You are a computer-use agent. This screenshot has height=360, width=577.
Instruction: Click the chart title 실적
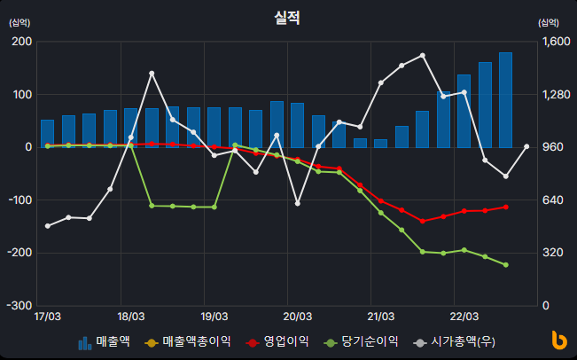pyautogui.click(x=287, y=17)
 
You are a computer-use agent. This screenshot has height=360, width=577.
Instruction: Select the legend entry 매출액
pyautogui.click(x=105, y=341)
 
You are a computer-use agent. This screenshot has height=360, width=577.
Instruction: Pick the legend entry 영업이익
pyautogui.click(x=277, y=341)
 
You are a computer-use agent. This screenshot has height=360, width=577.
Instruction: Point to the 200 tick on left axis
pyautogui.click(x=20, y=42)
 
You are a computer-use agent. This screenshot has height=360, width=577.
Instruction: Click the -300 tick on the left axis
pyautogui.click(x=19, y=306)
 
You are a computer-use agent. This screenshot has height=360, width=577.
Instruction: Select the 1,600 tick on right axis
pyautogui.click(x=552, y=42)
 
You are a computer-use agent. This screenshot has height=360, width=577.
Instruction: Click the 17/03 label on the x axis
pyautogui.click(x=47, y=316)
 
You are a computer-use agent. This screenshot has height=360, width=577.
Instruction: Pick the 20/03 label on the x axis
pyautogui.click(x=297, y=316)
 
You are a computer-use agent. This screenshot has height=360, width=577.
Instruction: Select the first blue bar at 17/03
pyautogui.click(x=47, y=133)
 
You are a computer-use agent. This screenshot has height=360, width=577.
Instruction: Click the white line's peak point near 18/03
pyautogui.click(x=152, y=73)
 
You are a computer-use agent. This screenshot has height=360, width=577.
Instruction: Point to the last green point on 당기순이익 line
pyautogui.click(x=505, y=265)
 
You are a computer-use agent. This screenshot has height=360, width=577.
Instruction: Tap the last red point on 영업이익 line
pyautogui.click(x=505, y=207)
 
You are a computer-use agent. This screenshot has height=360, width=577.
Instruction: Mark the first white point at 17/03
pyautogui.click(x=47, y=226)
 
